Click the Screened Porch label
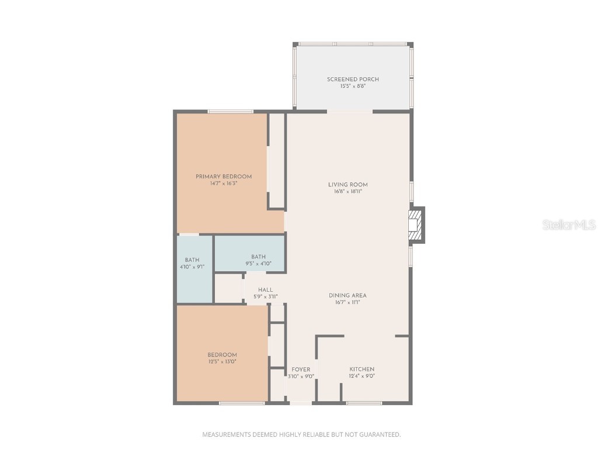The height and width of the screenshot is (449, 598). (x=353, y=80)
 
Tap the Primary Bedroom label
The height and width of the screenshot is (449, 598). (x=224, y=177)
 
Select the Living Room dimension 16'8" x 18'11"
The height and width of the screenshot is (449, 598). (x=348, y=192)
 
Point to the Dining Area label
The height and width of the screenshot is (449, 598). (x=347, y=295)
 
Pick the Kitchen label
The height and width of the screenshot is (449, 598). (x=361, y=369)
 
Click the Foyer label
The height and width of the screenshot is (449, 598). (x=301, y=369)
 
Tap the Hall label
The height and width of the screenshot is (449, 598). (x=266, y=289)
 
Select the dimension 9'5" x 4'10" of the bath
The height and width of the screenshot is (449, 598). (x=258, y=264)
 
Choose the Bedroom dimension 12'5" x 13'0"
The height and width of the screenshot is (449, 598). (x=222, y=362)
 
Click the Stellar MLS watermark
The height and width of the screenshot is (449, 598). (x=569, y=224)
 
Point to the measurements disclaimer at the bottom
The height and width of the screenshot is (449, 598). (x=301, y=434)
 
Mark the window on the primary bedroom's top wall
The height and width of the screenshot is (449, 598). (x=230, y=112)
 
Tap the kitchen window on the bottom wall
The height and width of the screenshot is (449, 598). (x=364, y=403)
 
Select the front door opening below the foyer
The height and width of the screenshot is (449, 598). (x=301, y=403)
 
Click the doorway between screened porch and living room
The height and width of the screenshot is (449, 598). (x=349, y=111)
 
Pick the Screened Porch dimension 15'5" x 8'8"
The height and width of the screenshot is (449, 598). (x=353, y=87)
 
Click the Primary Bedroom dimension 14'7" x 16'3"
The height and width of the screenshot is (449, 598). (x=224, y=184)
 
